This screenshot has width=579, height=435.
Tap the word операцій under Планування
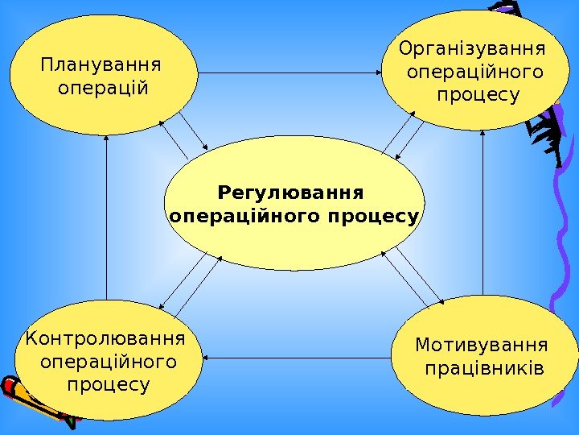[104, 86]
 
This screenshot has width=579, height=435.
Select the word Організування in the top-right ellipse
[471, 51]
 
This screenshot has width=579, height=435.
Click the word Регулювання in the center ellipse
[291, 193]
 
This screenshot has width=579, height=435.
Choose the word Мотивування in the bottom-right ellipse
[481, 346]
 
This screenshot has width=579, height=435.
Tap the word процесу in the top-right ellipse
[478, 96]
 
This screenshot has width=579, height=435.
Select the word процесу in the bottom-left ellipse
[109, 384]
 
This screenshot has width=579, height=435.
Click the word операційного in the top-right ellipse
[475, 73]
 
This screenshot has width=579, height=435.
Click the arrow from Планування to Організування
[289, 73]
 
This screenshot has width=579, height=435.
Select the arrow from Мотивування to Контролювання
[298, 357]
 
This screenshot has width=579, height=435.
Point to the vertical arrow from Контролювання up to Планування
[106, 217]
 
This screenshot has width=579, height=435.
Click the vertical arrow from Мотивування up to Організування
[482, 213]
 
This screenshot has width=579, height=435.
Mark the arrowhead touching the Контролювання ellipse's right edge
[208, 357]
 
